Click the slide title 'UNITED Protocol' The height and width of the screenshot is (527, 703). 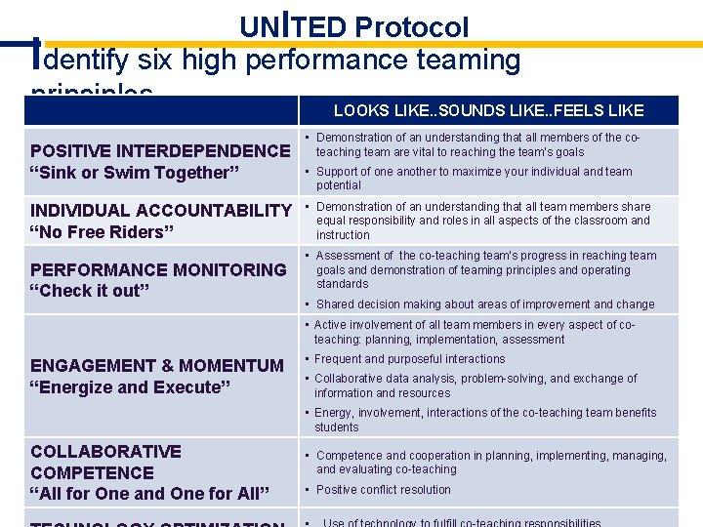point(354,26)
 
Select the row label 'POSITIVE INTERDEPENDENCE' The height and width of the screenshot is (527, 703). point(160,151)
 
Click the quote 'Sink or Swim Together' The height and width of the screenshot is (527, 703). point(129,173)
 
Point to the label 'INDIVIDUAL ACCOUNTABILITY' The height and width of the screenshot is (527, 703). point(161,211)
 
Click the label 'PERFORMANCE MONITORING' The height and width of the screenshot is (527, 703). point(158,269)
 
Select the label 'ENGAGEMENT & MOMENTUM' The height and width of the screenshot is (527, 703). point(157,365)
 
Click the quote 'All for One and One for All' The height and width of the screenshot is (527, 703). point(150,493)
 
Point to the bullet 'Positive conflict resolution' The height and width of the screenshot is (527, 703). point(384,490)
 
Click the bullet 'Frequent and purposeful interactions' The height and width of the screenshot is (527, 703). point(409,359)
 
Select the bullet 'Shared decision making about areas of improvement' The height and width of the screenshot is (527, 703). point(485,304)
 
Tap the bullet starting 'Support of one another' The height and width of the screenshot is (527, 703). point(474,179)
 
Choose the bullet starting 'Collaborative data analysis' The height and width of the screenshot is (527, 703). point(475,385)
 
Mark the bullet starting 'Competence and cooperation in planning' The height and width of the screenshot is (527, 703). point(491,463)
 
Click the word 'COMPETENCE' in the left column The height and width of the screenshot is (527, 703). point(92,472)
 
